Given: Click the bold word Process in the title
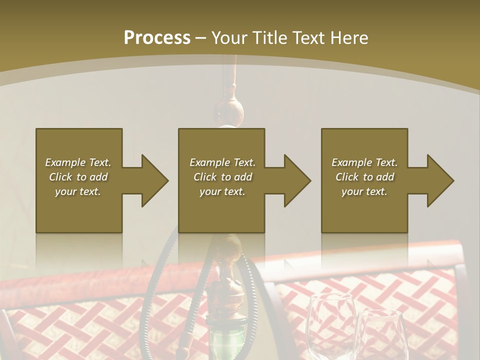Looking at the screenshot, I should (157, 38).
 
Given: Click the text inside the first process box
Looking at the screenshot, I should (78, 177).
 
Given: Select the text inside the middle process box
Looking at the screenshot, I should (222, 177).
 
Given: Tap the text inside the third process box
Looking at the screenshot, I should (364, 177).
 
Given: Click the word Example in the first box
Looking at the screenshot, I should (65, 162).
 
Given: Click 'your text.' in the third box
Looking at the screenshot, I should (364, 191).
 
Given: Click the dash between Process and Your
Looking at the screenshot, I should (200, 38).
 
